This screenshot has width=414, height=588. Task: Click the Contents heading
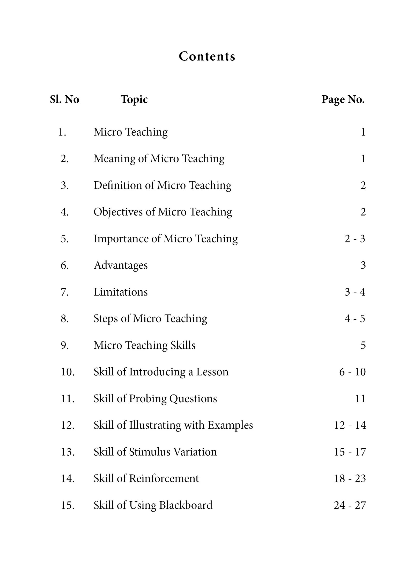point(207,56)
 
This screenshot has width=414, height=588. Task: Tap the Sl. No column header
point(64,99)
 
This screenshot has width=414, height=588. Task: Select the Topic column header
point(134,99)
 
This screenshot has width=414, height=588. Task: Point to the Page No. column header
point(343,99)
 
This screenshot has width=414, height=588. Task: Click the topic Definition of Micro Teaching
point(162,185)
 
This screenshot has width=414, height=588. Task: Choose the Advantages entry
point(121,265)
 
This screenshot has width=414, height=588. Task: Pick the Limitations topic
point(121,292)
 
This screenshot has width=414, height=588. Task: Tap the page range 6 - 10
point(352,372)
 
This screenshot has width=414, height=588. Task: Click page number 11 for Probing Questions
point(360,399)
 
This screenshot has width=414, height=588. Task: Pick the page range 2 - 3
point(355,239)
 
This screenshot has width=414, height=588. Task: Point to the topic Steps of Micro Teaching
point(150,319)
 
